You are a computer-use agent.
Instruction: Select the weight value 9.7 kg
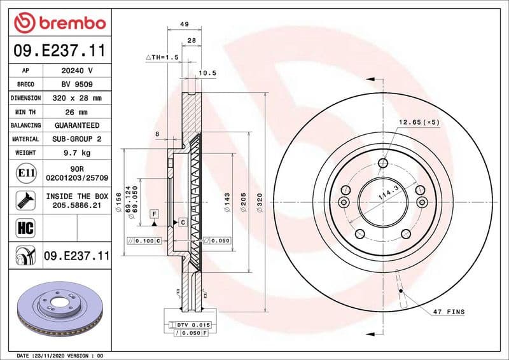click(77, 153)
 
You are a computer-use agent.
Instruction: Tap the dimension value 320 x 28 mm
click(77, 99)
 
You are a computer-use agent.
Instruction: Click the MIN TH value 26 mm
click(77, 112)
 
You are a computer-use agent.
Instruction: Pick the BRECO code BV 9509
click(77, 85)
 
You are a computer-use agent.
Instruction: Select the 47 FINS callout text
click(449, 312)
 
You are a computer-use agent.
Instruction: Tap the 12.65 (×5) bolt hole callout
click(419, 121)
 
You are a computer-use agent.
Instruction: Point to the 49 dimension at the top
click(185, 24)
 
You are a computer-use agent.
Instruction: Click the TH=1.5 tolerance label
click(162, 57)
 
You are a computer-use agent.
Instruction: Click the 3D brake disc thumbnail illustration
click(60, 305)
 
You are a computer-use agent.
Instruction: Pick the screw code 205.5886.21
click(77, 206)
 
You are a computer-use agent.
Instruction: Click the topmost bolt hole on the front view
click(382, 163)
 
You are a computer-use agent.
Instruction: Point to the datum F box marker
click(154, 212)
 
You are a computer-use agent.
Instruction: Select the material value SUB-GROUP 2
click(77, 139)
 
